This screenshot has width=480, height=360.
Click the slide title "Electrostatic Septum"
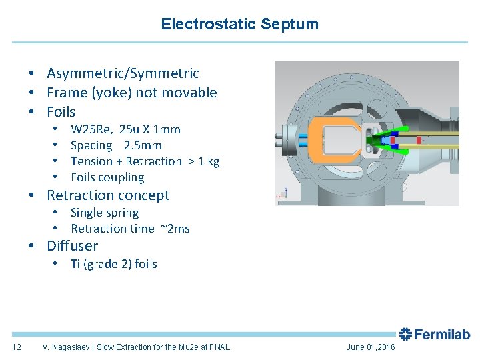pos(239,25)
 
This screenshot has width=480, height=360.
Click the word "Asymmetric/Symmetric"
pos(123,73)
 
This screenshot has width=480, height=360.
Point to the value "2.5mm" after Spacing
pos(143,145)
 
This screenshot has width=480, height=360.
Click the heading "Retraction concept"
pos(108,195)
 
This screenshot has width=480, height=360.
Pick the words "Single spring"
pos(105,213)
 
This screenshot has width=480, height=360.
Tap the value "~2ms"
pos(174,229)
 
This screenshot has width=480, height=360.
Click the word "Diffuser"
pos(72,246)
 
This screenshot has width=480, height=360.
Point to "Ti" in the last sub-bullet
pos(75,264)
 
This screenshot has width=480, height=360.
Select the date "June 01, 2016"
pos(371,347)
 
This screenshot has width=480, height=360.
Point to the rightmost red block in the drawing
pos(419,141)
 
